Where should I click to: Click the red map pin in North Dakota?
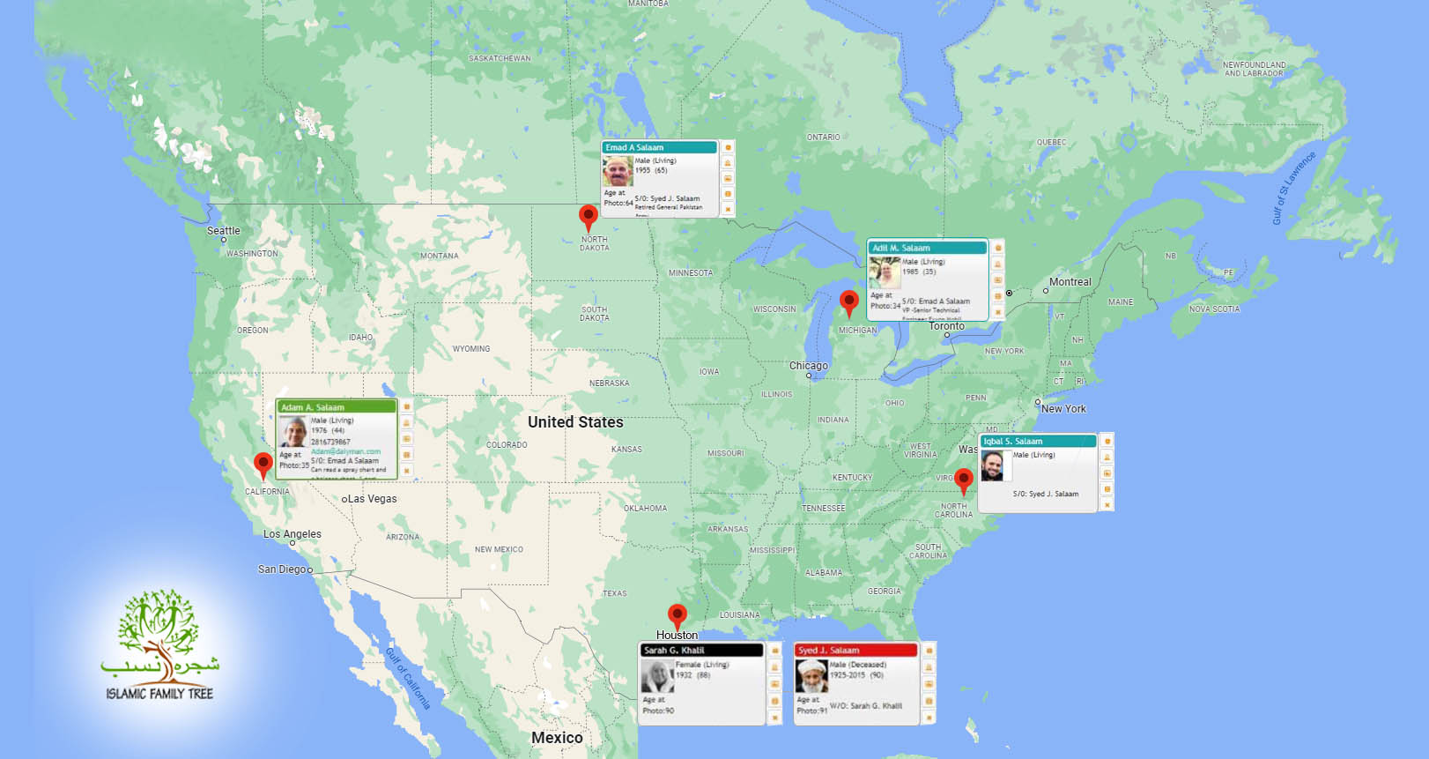click(589, 216)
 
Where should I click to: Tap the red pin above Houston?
click(677, 615)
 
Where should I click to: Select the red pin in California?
click(263, 464)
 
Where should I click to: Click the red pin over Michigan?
click(848, 301)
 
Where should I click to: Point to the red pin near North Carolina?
click(964, 480)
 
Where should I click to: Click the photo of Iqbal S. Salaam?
click(993, 465)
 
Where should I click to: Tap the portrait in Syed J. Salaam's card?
click(811, 676)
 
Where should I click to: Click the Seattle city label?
click(223, 231)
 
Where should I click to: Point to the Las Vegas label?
click(372, 499)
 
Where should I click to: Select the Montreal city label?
click(1070, 282)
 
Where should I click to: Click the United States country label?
click(575, 422)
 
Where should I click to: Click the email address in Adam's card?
click(345, 451)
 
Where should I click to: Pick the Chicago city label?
click(808, 366)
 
